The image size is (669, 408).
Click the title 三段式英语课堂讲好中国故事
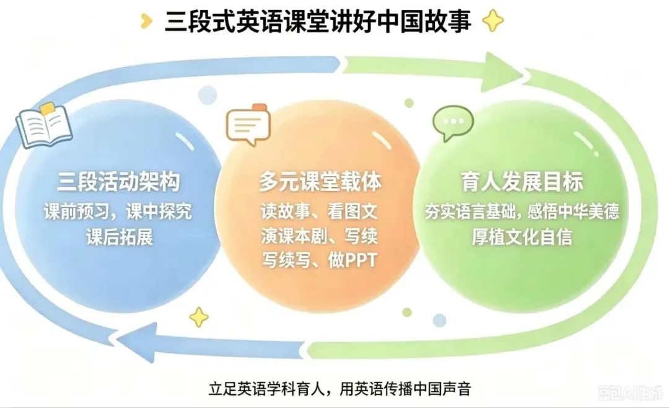318,22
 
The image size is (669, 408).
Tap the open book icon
43,125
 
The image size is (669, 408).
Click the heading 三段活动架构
118,182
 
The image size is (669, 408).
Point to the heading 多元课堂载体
320,182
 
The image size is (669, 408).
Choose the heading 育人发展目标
522,182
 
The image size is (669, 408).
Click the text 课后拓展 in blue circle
120,237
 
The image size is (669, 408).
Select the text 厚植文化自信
522,237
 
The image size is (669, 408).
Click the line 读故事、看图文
319,211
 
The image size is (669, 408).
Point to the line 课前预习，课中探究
118,212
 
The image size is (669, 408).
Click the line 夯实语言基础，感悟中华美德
522,211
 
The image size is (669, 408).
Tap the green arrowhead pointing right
504,73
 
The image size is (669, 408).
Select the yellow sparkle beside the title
493,20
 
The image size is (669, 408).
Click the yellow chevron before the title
146,21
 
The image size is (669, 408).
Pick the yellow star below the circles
199,317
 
